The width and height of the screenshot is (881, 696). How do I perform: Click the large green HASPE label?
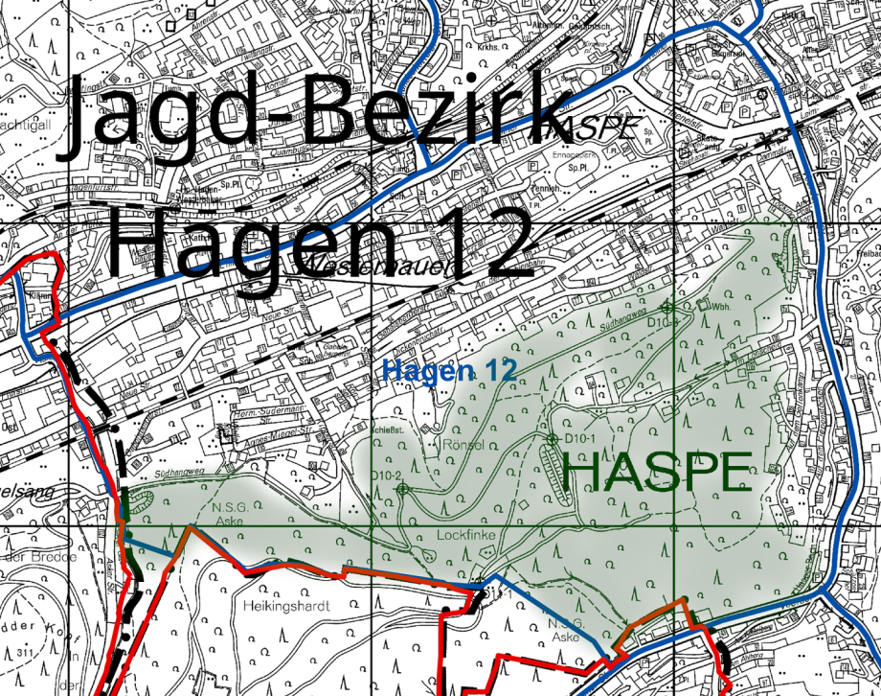pyautogui.click(x=656, y=473)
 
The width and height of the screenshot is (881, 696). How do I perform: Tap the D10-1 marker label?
pyautogui.click(x=581, y=438)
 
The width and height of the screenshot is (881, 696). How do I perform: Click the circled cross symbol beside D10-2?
pyautogui.click(x=402, y=489)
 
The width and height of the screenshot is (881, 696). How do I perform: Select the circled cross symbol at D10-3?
pyautogui.click(x=667, y=305)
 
